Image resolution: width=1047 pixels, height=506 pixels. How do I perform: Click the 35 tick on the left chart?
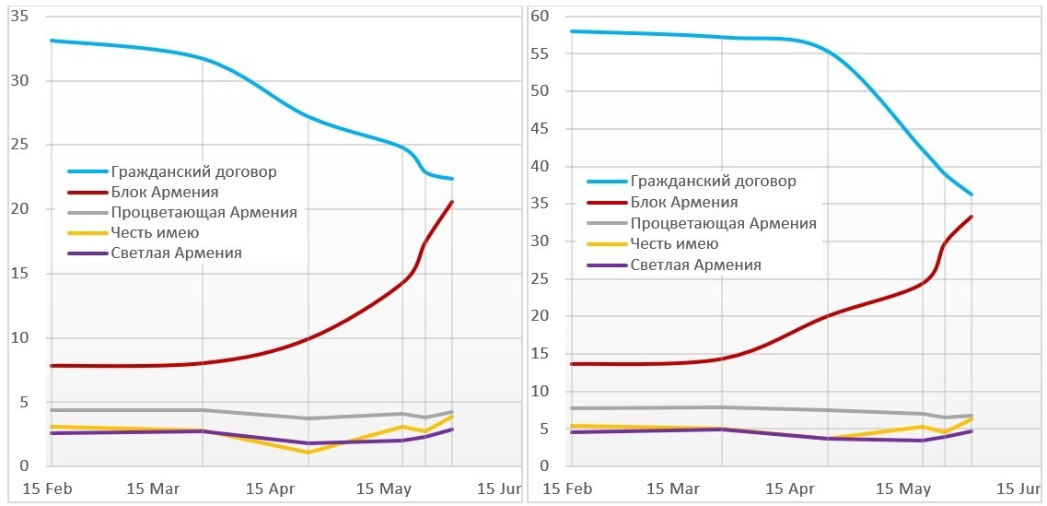(18, 17)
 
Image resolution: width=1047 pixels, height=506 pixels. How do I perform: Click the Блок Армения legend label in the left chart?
(164, 192)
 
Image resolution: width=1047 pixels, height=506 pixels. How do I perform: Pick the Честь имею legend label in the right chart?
(674, 243)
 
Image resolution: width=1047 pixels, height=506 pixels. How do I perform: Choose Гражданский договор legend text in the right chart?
(713, 181)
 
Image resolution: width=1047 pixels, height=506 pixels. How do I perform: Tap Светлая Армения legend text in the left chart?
(176, 253)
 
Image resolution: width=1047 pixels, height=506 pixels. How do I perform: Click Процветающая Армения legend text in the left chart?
(204, 212)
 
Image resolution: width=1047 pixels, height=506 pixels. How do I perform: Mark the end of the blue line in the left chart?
(452, 179)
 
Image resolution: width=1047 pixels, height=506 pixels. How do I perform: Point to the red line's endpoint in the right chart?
(971, 217)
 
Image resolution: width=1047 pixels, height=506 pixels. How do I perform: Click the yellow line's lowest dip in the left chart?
(308, 452)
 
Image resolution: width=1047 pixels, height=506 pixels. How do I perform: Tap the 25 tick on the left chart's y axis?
(18, 145)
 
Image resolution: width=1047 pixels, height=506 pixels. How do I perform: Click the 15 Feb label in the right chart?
(568, 487)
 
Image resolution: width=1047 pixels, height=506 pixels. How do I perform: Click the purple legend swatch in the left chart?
(87, 253)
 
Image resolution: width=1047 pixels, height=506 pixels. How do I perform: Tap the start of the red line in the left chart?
(51, 366)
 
